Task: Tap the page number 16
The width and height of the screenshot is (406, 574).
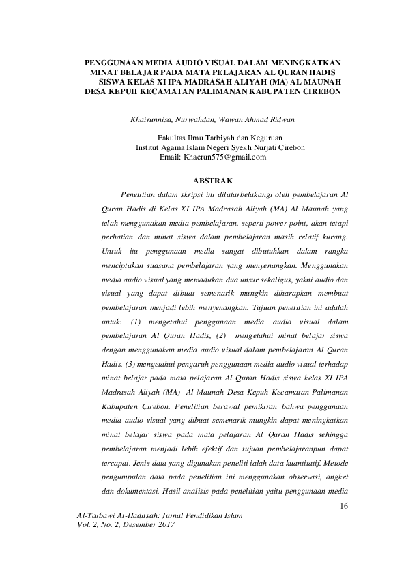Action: click(343, 506)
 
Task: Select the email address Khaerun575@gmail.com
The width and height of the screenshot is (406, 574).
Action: click(223, 157)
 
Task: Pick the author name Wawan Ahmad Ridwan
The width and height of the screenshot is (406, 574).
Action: click(257, 120)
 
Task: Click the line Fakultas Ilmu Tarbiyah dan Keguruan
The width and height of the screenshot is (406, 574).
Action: click(214, 137)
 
